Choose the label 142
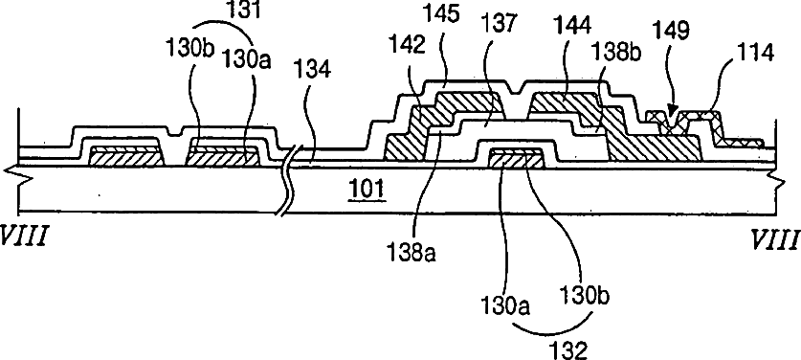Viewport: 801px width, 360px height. click(x=406, y=47)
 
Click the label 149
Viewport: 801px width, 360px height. click(x=672, y=31)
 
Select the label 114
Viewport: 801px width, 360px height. click(x=753, y=53)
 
